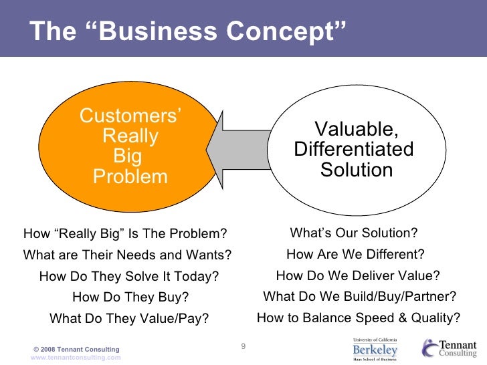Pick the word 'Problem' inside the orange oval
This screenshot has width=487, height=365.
130,177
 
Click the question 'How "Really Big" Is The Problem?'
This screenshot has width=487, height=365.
126,234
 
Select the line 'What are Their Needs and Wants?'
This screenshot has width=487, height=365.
127,255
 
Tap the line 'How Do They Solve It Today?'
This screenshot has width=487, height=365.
129,277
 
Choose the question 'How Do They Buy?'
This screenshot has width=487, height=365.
130,297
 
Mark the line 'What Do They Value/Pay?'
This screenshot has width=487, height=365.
130,319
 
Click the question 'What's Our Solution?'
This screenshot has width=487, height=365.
353,233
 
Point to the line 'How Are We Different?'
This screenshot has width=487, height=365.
355,254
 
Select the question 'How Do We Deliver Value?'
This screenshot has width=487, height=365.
358,275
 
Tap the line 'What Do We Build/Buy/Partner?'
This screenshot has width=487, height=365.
360,296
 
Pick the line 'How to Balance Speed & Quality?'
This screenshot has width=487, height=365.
359,318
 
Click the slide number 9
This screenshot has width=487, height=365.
243,346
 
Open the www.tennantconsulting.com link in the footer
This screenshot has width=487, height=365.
76,358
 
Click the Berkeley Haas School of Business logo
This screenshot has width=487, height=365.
375,349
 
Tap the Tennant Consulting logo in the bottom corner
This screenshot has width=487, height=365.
450,348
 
